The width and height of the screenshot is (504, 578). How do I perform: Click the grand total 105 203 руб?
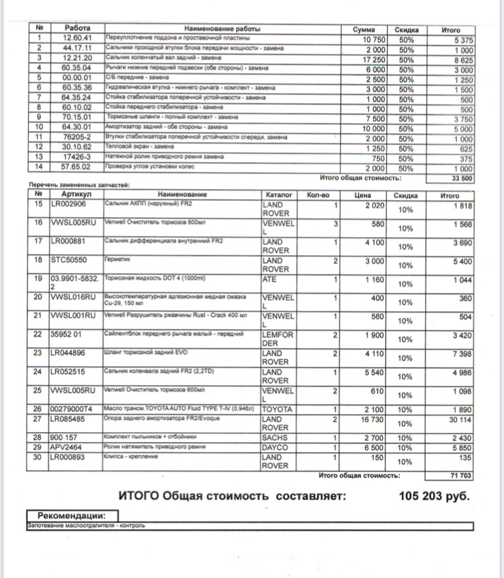(434, 497)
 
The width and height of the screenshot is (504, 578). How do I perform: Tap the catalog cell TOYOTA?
(278, 408)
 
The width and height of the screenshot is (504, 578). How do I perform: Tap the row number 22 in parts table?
(39, 333)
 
